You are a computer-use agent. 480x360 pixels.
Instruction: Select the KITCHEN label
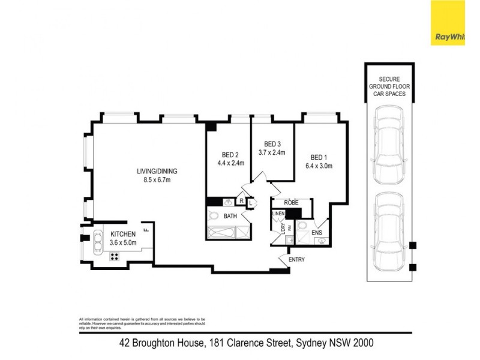pos(122,234)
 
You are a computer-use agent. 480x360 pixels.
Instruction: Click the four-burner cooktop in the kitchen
pos(113,256)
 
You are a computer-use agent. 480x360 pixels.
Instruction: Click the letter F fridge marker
pos(145,228)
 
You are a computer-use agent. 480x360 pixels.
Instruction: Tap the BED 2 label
pos(230,153)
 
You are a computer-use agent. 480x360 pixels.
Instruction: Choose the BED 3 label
pos(272,144)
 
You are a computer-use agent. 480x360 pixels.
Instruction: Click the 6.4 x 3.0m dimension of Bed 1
pos(319,166)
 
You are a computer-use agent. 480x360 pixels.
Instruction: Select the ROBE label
pos(292,203)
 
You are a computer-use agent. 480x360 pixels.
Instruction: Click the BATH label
pos(230,215)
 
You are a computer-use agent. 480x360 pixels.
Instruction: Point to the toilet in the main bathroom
pos(214,215)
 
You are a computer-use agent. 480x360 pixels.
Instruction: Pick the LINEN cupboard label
pos(278,214)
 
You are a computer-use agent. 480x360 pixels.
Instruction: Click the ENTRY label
pos(296,259)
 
